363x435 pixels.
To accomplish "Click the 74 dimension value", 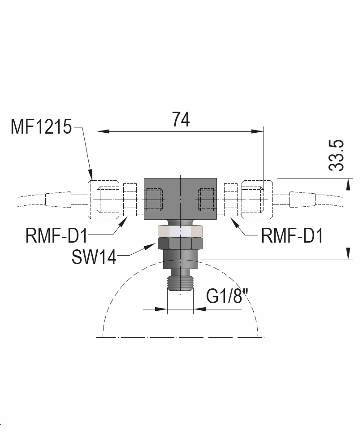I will click(x=181, y=119).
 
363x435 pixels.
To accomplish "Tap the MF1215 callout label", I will click(x=41, y=127).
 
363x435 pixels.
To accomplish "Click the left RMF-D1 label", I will click(x=56, y=235).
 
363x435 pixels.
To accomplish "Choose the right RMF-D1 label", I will click(x=292, y=235).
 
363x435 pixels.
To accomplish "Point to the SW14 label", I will click(x=94, y=257).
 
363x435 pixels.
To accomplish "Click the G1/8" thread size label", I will click(x=227, y=296).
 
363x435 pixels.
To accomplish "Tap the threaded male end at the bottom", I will click(x=180, y=283).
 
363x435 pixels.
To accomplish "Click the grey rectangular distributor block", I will click(x=180, y=199).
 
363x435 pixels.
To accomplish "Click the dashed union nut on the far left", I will click(x=106, y=199).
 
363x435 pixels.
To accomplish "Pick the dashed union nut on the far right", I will click(x=256, y=199).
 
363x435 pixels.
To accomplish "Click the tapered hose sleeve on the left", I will click(x=57, y=200).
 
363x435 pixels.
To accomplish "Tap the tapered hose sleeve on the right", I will click(x=304, y=200).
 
